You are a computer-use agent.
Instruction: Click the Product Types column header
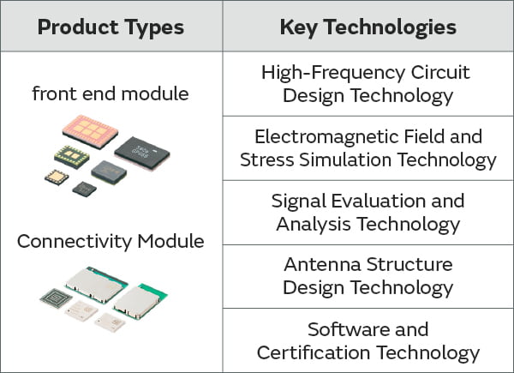111,27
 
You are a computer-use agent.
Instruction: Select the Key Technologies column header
368,27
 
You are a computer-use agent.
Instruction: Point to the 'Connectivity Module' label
111,241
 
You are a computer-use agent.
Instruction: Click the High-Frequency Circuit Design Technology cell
368,84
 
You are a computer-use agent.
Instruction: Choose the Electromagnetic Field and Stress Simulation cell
368,148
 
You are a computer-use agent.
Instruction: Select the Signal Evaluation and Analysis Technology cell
368,213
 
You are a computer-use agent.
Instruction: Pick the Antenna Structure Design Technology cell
368,276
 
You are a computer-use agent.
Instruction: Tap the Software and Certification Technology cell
368,340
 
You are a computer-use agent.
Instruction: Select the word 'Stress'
266,160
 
